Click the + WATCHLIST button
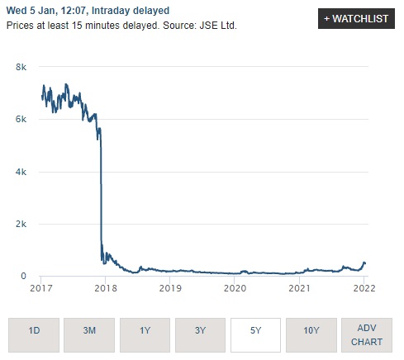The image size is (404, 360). click(x=356, y=19)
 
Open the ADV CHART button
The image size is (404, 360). click(x=367, y=335)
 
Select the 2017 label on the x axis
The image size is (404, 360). click(x=41, y=288)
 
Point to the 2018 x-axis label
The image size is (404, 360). click(x=105, y=288)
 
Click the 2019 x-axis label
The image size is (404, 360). click(x=169, y=288)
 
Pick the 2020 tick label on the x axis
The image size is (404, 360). click(x=235, y=288)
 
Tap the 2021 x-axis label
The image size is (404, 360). click(x=299, y=288)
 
